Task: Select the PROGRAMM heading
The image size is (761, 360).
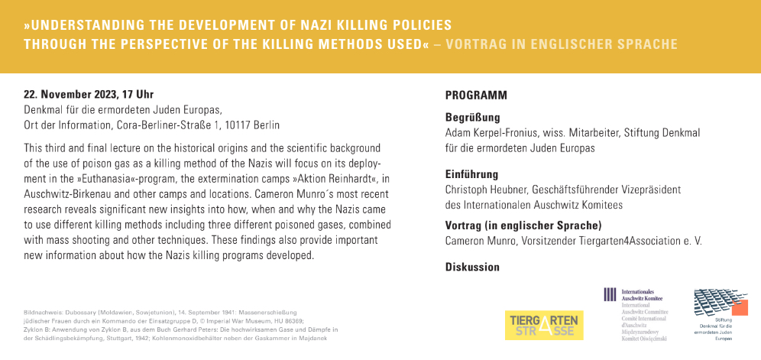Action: point(476,96)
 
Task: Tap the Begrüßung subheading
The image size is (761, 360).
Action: point(472,118)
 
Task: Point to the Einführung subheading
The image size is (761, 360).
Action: point(471,174)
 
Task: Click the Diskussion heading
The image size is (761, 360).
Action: point(472,268)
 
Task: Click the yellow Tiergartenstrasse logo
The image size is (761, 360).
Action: point(545,325)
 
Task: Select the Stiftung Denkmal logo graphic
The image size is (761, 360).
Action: point(718,305)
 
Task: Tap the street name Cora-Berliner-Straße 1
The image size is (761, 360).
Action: point(160,125)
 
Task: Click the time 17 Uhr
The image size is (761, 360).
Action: point(137,95)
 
